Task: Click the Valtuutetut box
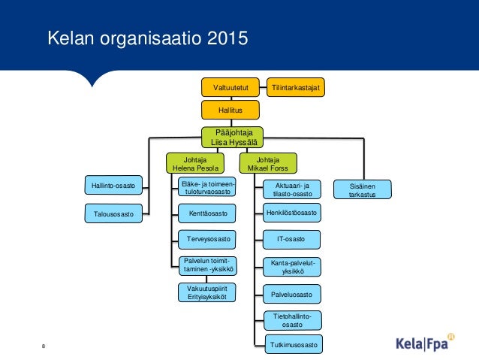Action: tap(231, 87)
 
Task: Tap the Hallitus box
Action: tap(231, 110)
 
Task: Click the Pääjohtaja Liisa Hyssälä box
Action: tap(231, 137)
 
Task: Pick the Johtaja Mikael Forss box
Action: tap(268, 163)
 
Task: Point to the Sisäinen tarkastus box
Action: tap(363, 189)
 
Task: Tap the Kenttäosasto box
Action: tap(206, 214)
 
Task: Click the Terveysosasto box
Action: tap(206, 240)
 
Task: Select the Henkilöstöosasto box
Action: tap(292, 213)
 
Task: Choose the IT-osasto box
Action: tap(292, 239)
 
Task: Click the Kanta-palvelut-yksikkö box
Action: tap(292, 266)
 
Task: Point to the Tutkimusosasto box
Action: tap(292, 345)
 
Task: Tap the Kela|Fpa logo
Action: tap(426, 343)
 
